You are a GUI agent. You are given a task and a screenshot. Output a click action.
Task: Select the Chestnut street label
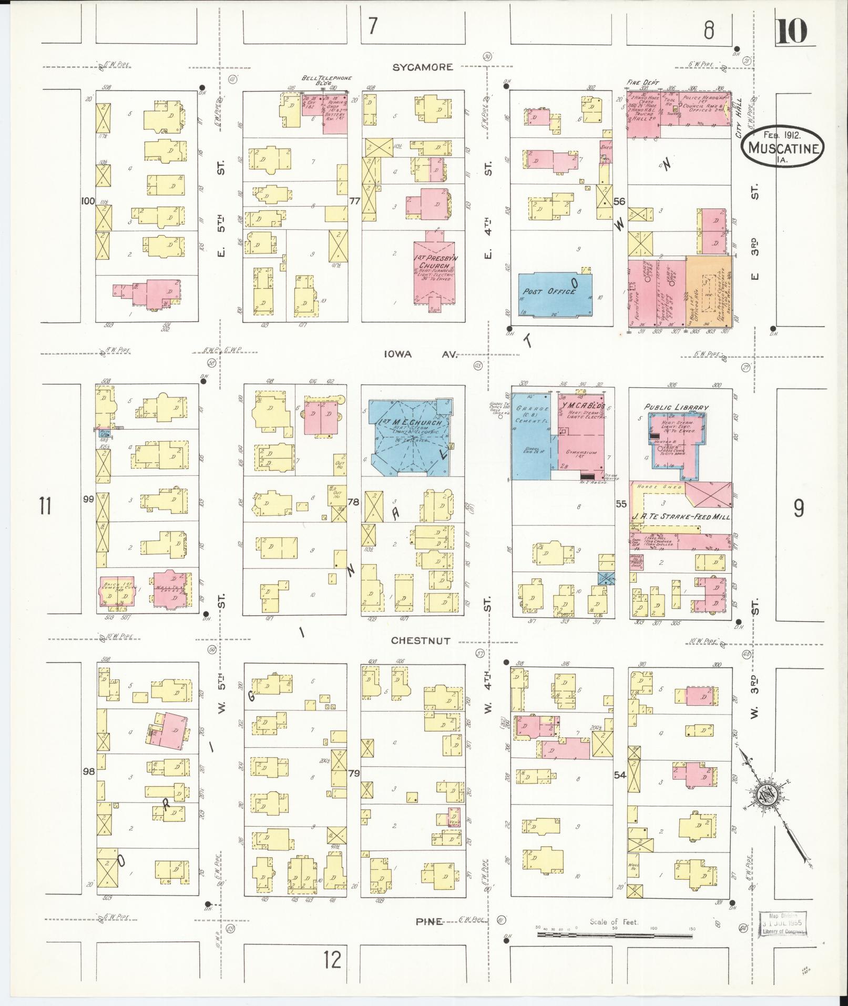pyautogui.click(x=421, y=641)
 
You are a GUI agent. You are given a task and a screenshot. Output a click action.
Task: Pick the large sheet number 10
pyautogui.click(x=791, y=31)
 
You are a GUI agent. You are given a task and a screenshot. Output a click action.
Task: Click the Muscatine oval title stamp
pyautogui.click(x=783, y=148)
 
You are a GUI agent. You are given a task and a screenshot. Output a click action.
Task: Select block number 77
pyautogui.click(x=354, y=201)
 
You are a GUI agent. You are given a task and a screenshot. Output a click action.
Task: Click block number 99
pyautogui.click(x=88, y=499)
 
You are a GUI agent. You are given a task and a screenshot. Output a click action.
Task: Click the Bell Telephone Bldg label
pyautogui.click(x=326, y=80)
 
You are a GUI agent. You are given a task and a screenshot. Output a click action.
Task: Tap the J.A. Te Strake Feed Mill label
pyautogui.click(x=680, y=517)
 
